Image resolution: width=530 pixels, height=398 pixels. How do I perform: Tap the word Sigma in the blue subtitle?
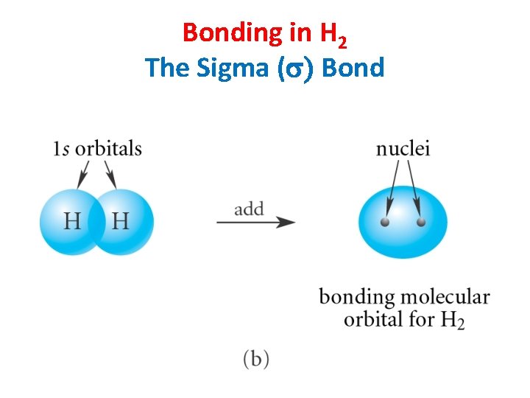[239, 68]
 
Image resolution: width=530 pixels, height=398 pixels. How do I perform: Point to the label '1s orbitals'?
[97, 148]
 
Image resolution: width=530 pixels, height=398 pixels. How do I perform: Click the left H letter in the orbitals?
[72, 220]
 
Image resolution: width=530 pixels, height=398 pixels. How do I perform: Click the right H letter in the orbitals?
[120, 220]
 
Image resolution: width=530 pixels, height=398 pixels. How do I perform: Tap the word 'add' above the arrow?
[249, 209]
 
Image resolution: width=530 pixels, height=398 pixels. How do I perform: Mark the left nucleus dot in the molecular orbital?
[384, 221]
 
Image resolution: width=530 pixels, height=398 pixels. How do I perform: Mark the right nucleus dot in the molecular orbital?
[420, 221]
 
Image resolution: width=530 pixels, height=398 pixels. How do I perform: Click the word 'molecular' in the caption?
[445, 297]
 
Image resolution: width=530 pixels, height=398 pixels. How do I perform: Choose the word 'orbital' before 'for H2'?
[373, 319]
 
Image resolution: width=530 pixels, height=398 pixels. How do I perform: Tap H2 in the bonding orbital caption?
[452, 321]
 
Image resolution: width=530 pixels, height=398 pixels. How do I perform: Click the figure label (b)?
[255, 359]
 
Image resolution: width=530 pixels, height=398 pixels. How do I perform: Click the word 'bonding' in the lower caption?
[356, 298]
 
